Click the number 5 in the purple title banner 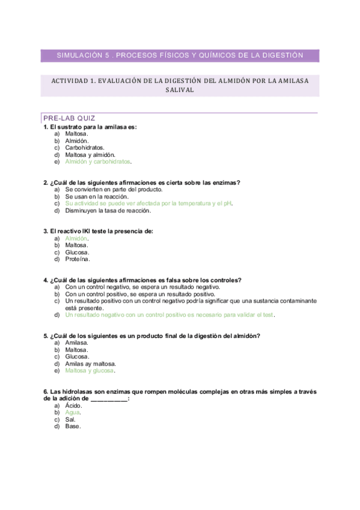click(x=107, y=55)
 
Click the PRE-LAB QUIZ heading click(x=69, y=118)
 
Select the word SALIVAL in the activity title click(x=180, y=90)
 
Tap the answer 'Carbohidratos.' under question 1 click(x=85, y=147)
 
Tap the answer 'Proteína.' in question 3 click(x=78, y=260)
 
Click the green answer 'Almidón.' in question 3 click(x=77, y=238)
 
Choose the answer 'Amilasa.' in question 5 click(x=77, y=342)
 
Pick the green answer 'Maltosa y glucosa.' click(x=90, y=371)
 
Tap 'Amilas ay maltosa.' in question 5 click(x=91, y=364)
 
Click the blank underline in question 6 click(x=109, y=399)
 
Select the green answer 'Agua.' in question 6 click(x=72, y=413)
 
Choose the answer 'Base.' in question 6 click(x=73, y=427)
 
